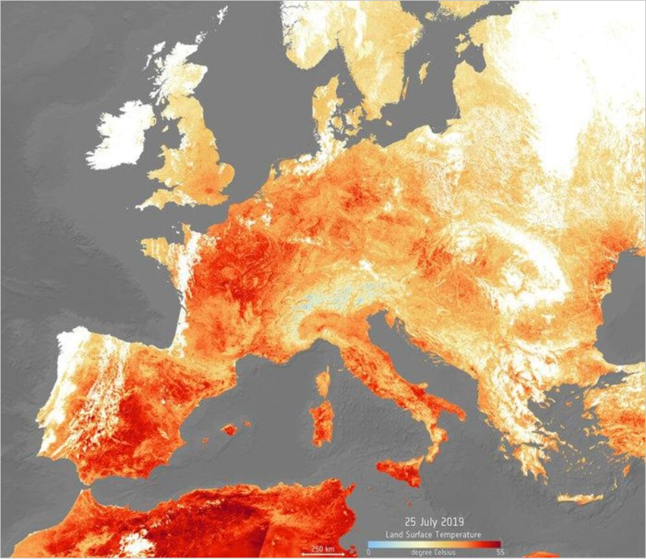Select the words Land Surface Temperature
click(x=434, y=534)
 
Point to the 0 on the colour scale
click(x=369, y=552)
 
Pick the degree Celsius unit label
click(x=434, y=552)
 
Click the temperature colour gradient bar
click(x=434, y=543)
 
